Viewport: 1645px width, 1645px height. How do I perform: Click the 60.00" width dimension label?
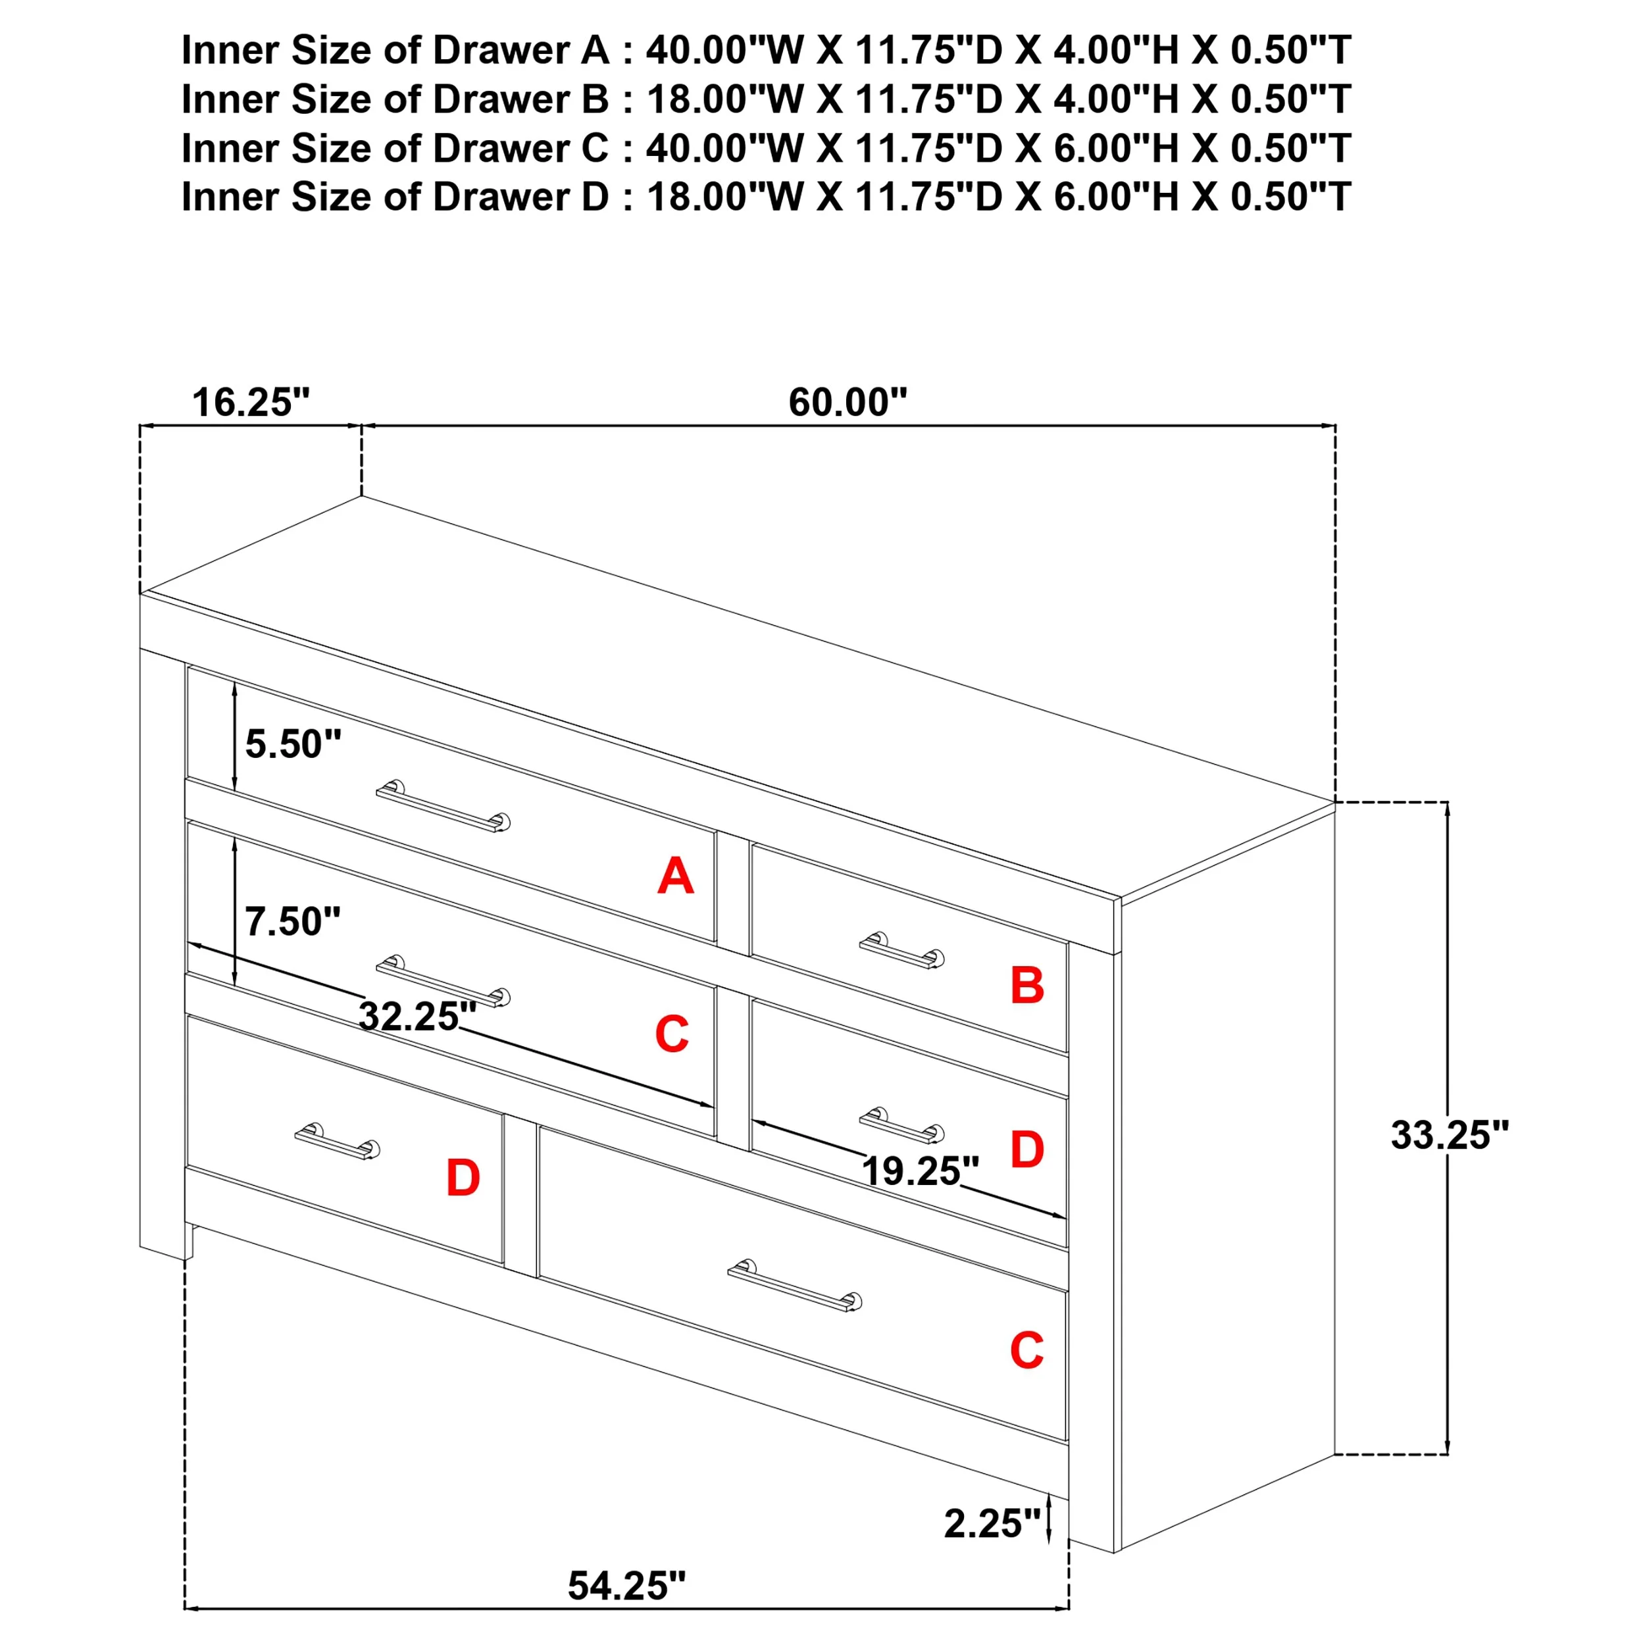tap(848, 402)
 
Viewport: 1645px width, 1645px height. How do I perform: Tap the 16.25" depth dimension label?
tap(251, 402)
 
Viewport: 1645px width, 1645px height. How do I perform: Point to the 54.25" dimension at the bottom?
tap(626, 1585)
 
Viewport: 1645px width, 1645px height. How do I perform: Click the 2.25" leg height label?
tap(993, 1523)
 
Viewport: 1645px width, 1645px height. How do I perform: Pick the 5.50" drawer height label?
tap(293, 744)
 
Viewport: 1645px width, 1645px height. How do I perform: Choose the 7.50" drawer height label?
tap(293, 921)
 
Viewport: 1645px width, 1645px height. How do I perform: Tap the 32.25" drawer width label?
tap(418, 1016)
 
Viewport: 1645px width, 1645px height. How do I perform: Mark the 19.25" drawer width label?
tap(921, 1171)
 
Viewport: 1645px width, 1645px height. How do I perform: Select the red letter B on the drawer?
tap(1027, 985)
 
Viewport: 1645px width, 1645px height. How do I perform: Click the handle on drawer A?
tap(443, 805)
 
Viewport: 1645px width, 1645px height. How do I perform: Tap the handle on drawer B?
tap(901, 950)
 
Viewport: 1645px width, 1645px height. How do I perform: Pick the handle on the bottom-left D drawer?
tap(337, 1141)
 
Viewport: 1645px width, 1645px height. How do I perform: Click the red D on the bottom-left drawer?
tap(463, 1178)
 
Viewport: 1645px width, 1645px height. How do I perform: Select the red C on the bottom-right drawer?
tap(1027, 1350)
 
